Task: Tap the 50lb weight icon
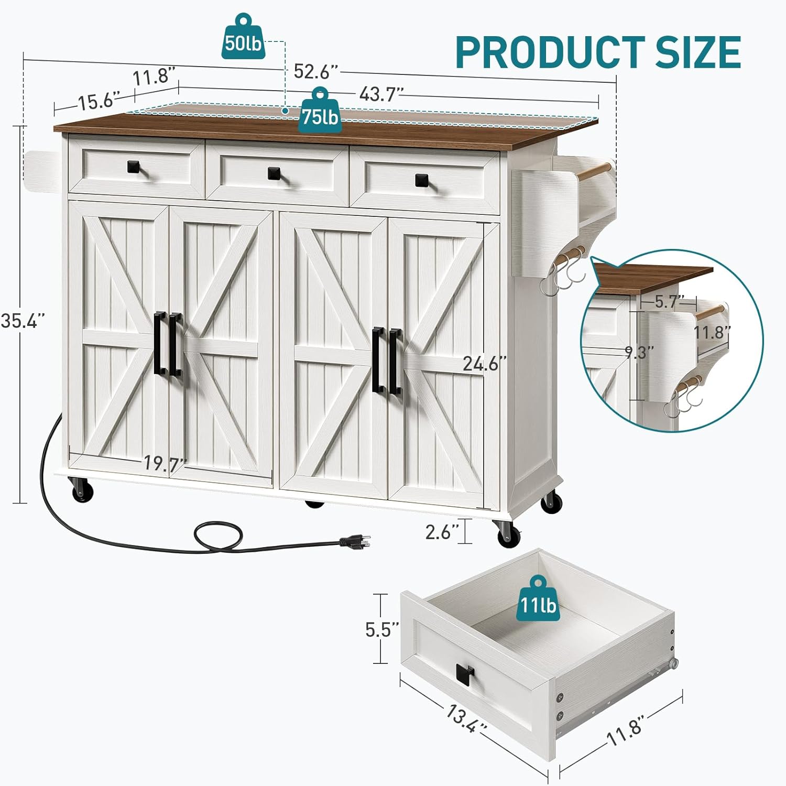242,38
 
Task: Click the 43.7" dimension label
381,94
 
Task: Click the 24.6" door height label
485,363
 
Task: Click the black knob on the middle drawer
274,173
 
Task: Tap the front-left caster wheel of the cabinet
83,492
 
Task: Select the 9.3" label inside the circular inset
639,353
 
